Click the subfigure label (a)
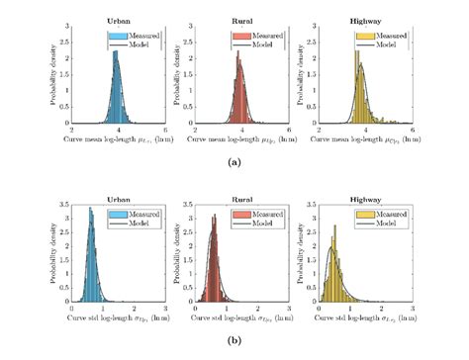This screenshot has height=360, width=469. tap(234, 160)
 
